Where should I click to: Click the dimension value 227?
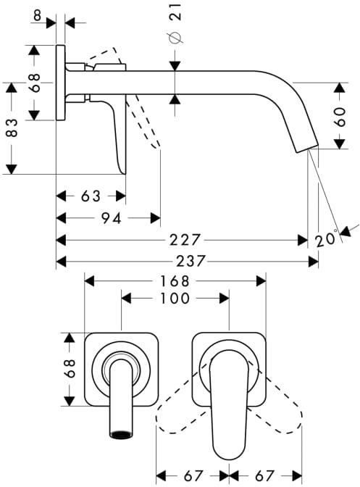click(x=185, y=240)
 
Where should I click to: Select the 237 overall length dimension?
click(x=191, y=261)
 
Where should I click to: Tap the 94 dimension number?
click(x=112, y=218)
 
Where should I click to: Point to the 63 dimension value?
click(x=91, y=196)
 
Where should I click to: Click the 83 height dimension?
click(x=12, y=128)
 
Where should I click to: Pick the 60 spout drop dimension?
click(x=340, y=117)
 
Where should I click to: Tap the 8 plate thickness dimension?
click(x=37, y=15)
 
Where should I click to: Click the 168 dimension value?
click(x=175, y=281)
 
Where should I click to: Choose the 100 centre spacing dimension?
click(x=175, y=299)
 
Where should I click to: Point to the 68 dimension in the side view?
click(x=35, y=83)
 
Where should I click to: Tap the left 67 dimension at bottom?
click(x=193, y=475)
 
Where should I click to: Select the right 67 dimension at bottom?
click(x=264, y=475)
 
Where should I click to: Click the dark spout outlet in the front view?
click(x=121, y=435)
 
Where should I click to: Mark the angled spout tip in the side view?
click(x=306, y=148)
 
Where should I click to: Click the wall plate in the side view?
click(x=61, y=83)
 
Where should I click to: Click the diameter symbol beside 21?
click(x=175, y=37)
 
